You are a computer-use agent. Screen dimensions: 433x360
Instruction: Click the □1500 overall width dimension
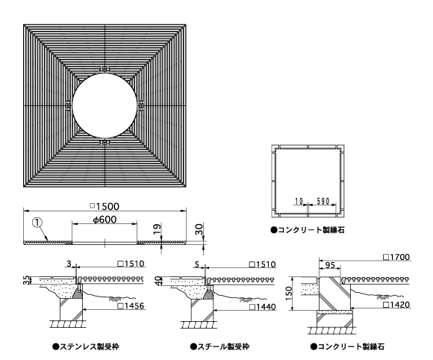pos(105,206)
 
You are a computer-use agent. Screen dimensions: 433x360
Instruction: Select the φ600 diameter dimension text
pos(105,220)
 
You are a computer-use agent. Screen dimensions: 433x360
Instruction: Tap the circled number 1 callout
pos(37,223)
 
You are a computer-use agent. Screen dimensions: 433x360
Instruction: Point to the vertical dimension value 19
pos(157,229)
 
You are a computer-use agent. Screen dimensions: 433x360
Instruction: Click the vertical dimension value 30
pos(199,229)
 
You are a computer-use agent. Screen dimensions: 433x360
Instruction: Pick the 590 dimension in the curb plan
pos(323,201)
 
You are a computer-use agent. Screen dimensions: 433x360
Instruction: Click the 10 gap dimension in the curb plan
pos(299,202)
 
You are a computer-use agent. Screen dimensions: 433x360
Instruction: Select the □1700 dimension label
pos(396,257)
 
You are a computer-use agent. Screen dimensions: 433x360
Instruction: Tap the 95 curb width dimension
pos(330,265)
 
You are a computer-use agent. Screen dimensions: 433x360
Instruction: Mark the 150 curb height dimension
pos(289,294)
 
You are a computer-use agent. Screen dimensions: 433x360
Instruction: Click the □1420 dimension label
pos(396,305)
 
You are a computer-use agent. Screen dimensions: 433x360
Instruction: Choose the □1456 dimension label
pos(131,305)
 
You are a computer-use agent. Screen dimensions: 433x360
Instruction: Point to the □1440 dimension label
pos(263,307)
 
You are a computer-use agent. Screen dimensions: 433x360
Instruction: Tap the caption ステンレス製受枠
pos(86,347)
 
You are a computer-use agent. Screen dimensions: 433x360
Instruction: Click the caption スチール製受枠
pos(219,347)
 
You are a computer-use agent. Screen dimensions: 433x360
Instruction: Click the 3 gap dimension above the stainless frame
pos(69,264)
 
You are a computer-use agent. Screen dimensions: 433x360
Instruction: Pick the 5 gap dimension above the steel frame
pos(196,264)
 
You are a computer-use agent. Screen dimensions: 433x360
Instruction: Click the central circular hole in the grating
pos(105,105)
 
